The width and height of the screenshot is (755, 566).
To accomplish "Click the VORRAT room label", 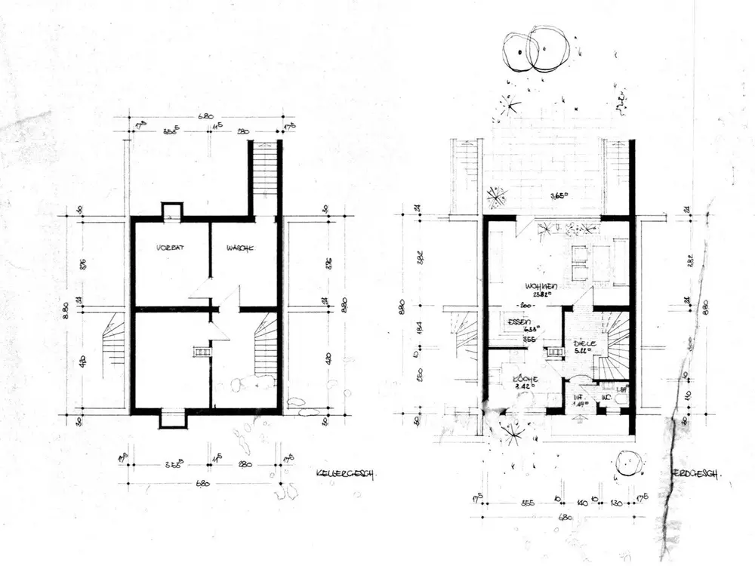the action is click(171, 248).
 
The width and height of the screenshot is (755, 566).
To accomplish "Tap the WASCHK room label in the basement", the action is click(238, 248).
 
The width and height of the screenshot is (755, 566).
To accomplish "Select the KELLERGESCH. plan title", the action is click(346, 474).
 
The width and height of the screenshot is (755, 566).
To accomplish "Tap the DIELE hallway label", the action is click(585, 343).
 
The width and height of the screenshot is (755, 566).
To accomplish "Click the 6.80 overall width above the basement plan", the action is click(205, 117).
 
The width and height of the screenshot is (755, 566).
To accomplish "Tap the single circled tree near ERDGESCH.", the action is click(626, 462).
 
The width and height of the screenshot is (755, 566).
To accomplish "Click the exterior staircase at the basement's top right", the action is click(263, 177).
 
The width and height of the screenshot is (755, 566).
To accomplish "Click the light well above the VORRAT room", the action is click(172, 211).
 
